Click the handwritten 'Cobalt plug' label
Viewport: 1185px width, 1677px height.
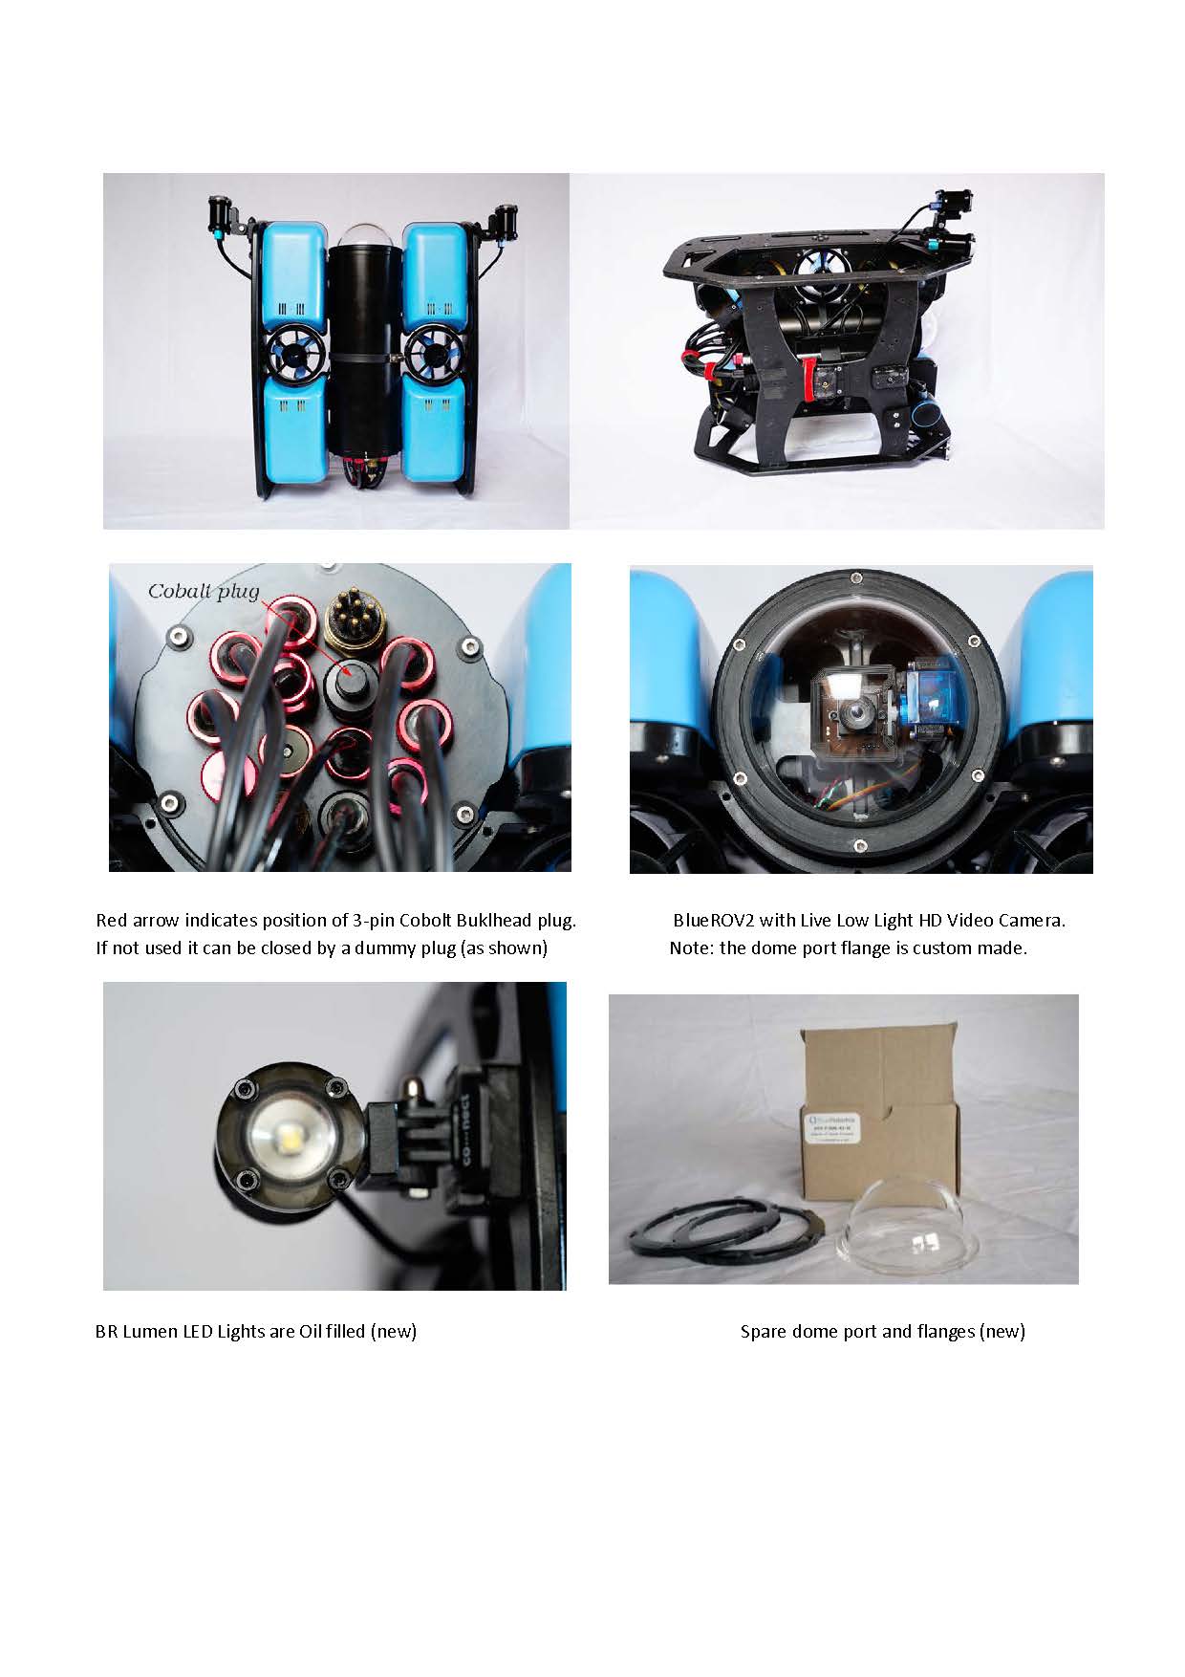coord(203,592)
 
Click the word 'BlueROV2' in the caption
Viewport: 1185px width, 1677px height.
coord(713,921)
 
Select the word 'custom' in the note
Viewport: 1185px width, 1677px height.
coord(942,949)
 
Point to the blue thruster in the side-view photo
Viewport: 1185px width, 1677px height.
coord(817,269)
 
